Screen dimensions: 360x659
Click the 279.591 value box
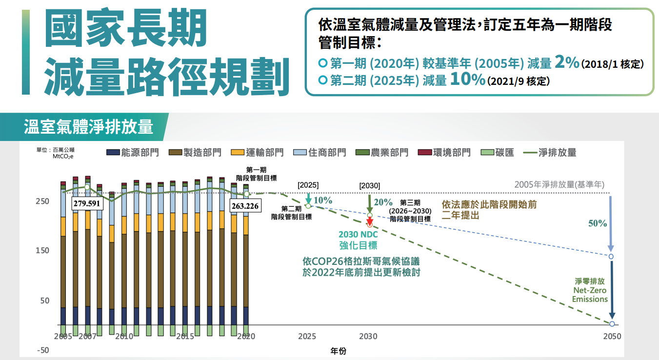(x=86, y=203)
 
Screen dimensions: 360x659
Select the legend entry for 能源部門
(x=133, y=153)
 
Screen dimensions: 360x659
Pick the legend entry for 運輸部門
(x=258, y=153)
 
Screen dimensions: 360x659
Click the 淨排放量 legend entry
(x=550, y=153)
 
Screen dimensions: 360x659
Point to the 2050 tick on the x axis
(x=612, y=337)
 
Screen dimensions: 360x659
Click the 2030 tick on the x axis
(x=368, y=337)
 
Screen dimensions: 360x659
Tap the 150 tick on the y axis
(x=42, y=251)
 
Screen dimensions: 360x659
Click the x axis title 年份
(x=338, y=351)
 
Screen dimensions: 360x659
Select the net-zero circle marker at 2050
(x=612, y=324)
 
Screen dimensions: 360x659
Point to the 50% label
(x=598, y=223)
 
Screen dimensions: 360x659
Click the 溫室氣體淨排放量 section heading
(x=88, y=127)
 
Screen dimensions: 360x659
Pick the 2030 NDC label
(x=358, y=235)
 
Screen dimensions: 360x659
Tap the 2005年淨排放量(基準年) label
(x=559, y=185)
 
